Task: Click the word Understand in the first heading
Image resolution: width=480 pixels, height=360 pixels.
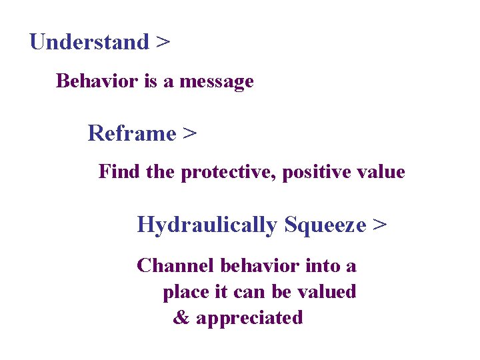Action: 89,42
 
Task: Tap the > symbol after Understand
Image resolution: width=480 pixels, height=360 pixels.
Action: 163,43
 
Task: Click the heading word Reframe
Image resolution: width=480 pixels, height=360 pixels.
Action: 131,133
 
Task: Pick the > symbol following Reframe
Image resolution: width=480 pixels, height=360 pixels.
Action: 189,134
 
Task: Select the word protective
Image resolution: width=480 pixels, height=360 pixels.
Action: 229,173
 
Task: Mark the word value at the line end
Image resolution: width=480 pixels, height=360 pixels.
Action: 382,172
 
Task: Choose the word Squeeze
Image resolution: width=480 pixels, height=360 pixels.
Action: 325,225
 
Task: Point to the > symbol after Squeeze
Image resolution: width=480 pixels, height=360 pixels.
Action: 379,225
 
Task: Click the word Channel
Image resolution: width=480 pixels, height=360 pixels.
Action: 175,266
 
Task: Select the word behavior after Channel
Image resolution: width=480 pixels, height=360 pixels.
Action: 260,266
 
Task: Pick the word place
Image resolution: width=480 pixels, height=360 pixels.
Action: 185,292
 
